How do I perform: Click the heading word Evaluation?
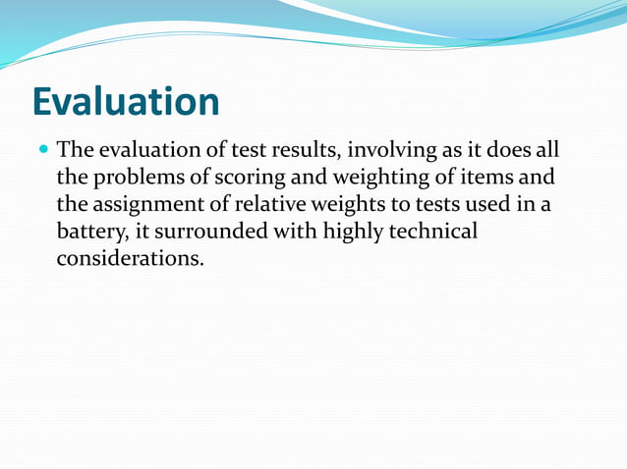coord(126,102)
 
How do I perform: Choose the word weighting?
coord(370,180)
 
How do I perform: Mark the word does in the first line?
coord(510,152)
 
